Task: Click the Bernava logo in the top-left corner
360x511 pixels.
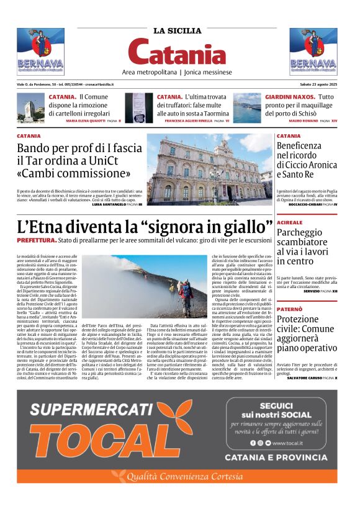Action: pyautogui.click(x=40, y=51)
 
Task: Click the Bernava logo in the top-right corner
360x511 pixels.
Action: pyautogui.click(x=313, y=51)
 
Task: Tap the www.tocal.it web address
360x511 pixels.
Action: pyautogui.click(x=287, y=443)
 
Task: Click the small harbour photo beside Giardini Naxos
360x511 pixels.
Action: pyautogui.click(x=246, y=107)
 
